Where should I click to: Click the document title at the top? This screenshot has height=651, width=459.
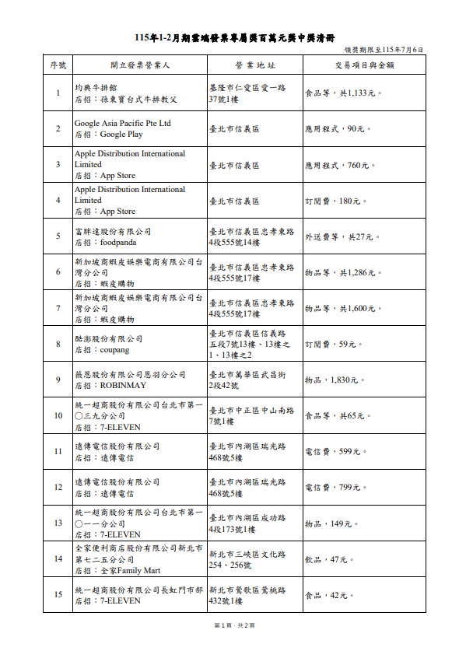[229, 37]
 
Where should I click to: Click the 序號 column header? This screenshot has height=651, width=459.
[57, 65]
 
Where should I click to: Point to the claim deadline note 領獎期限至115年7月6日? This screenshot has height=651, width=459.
[384, 50]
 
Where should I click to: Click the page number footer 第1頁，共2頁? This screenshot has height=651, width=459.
[229, 625]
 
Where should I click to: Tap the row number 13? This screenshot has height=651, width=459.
[57, 523]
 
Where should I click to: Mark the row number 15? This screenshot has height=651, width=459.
[57, 595]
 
